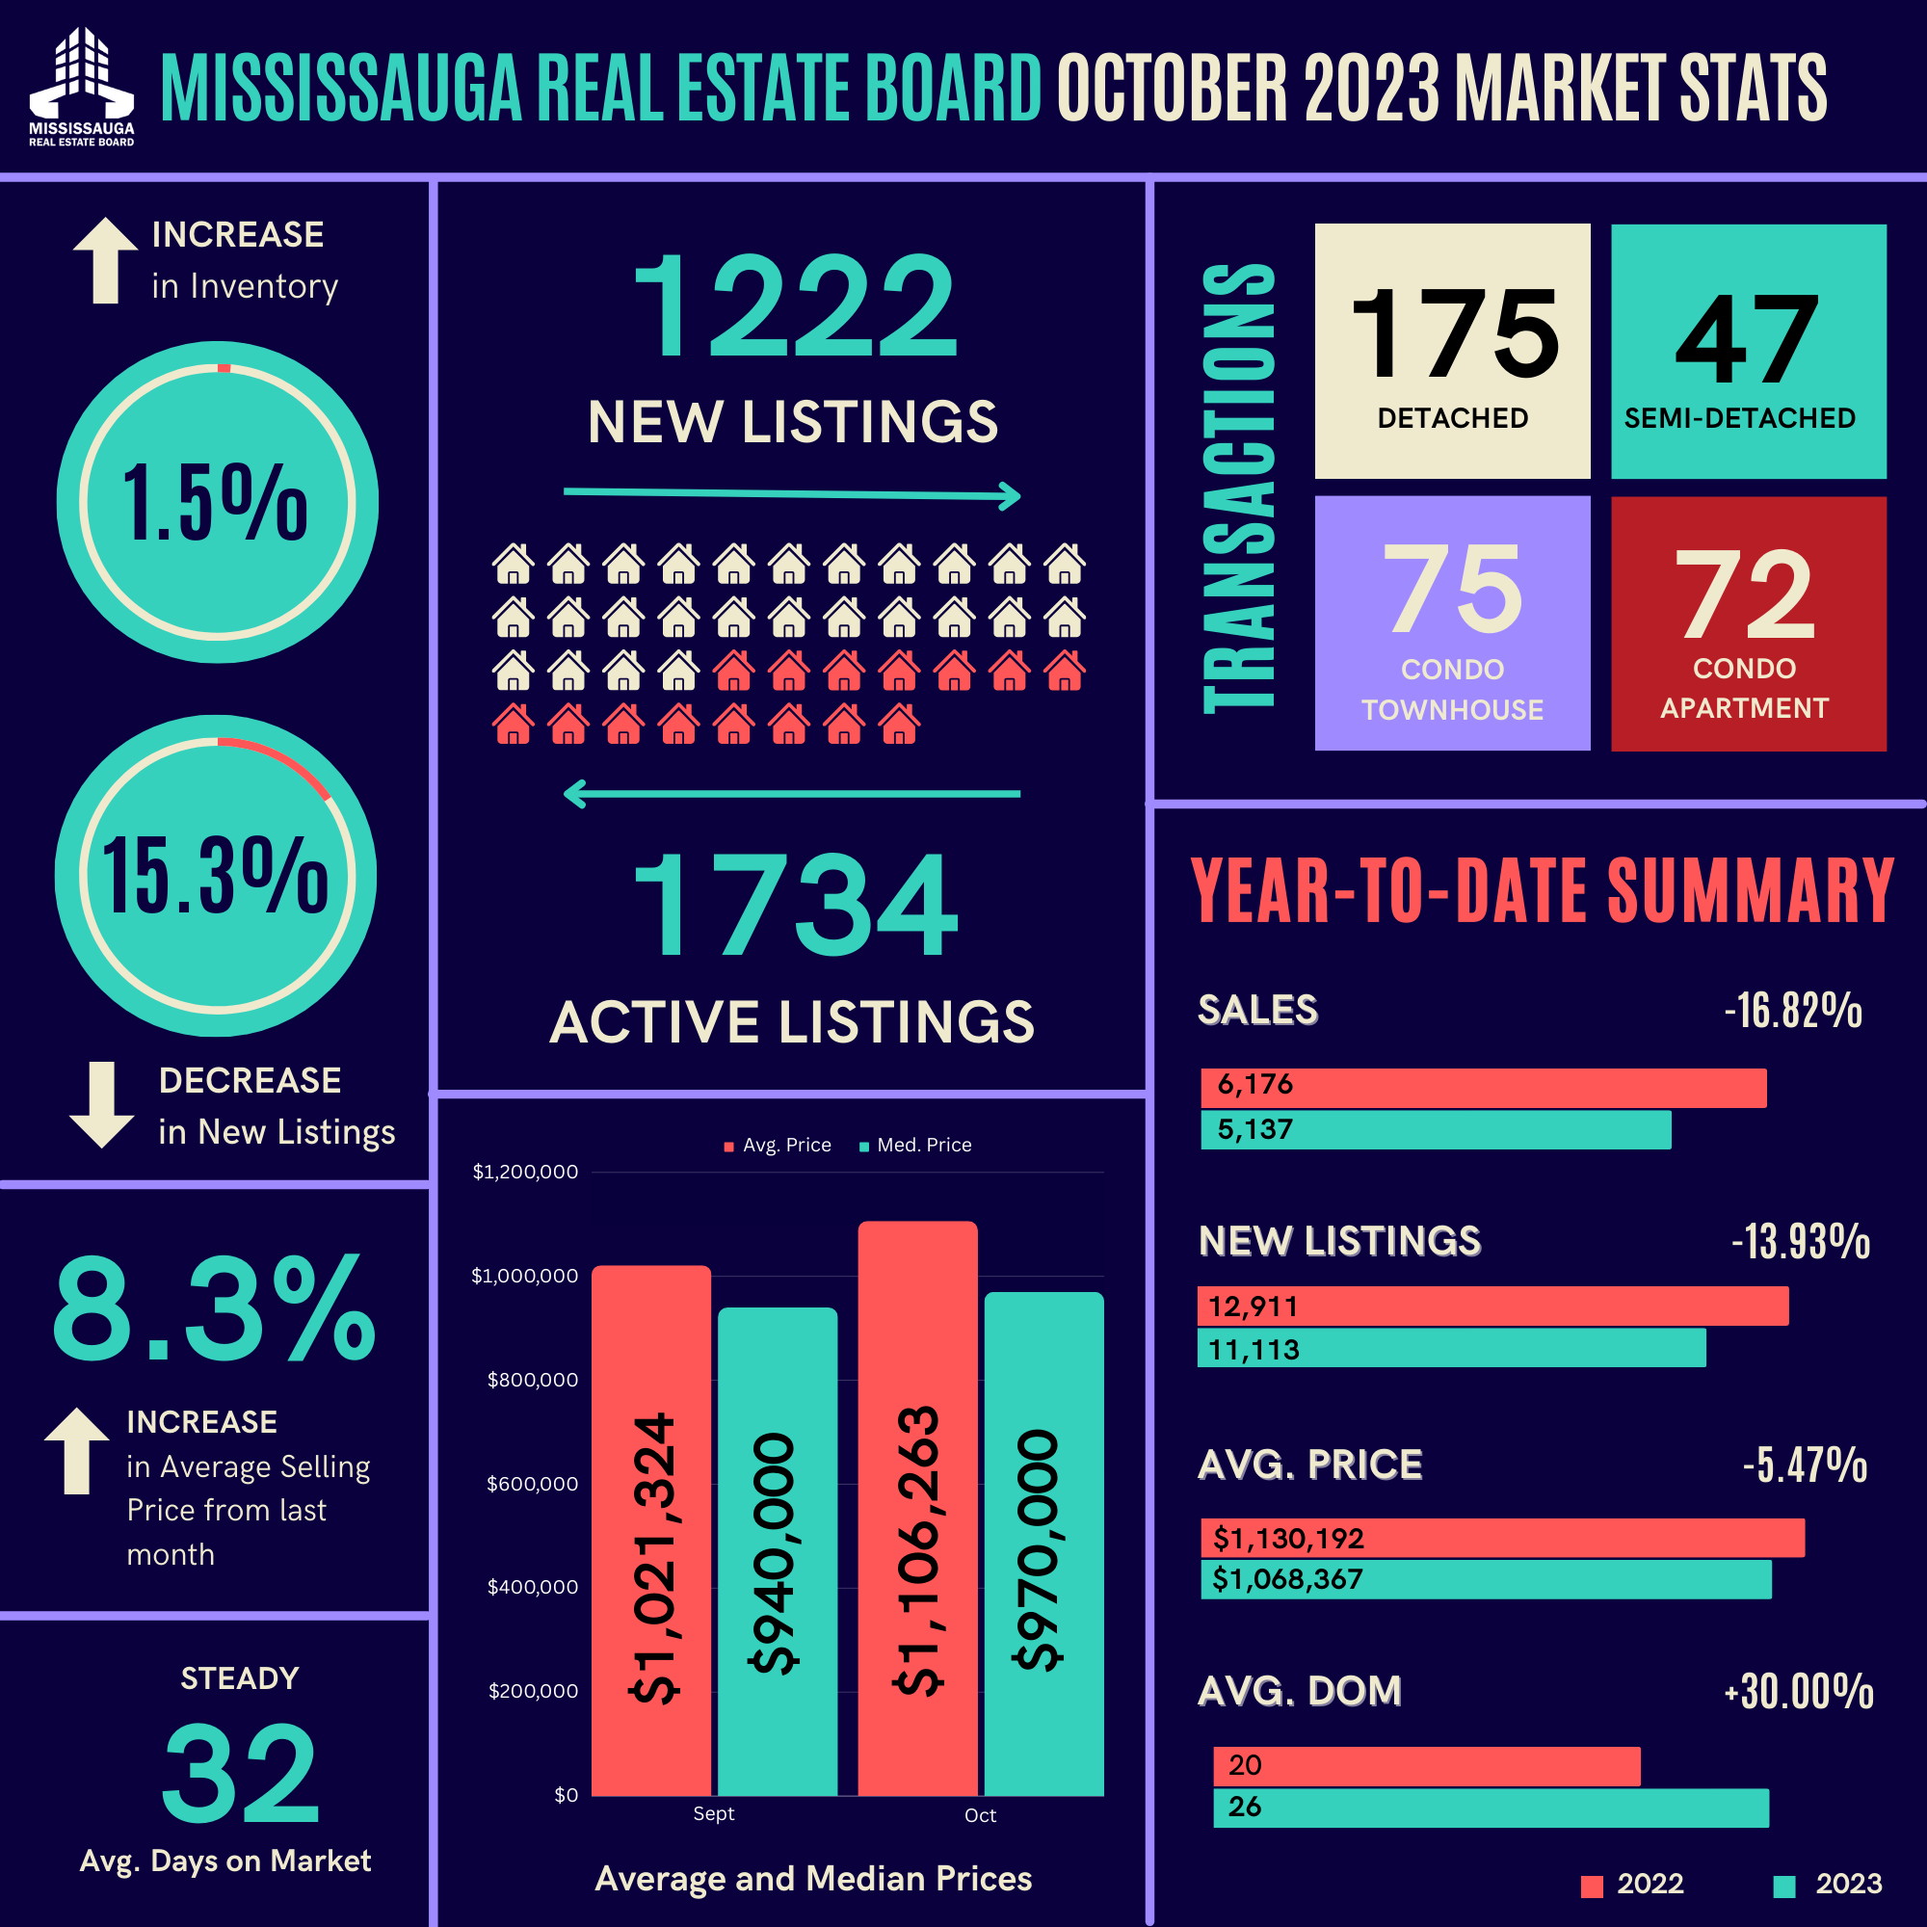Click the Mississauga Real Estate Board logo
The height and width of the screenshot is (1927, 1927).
click(82, 87)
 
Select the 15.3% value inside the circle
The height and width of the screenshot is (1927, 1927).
click(216, 876)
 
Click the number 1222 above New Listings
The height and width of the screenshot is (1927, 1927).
click(794, 305)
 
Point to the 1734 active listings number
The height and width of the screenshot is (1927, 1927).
click(794, 906)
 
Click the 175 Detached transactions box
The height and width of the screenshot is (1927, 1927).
click(1452, 350)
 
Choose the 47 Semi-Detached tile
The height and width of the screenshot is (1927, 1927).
click(1748, 350)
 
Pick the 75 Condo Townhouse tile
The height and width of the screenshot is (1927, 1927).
click(1452, 623)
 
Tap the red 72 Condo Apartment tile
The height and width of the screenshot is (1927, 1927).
click(1748, 623)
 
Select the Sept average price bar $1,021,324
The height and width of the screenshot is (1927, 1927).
click(651, 1530)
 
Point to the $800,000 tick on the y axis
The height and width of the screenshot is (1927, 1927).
click(532, 1380)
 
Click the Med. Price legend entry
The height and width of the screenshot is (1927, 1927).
click(915, 1145)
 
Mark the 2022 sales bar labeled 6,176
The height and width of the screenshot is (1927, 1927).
click(1483, 1087)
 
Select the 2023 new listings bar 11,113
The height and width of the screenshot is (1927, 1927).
click(1451, 1348)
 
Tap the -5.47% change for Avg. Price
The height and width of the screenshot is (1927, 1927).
click(1805, 1465)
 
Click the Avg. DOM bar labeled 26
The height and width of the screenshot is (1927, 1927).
click(1491, 1808)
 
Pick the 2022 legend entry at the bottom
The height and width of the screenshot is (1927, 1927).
click(1633, 1884)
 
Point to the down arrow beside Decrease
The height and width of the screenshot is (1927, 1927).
click(102, 1104)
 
